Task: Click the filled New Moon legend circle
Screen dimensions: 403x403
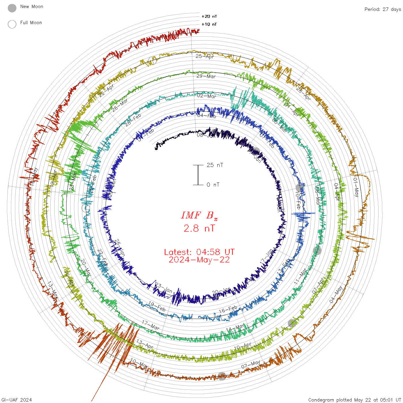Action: (12, 8)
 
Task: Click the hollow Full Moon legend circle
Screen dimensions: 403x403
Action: (12, 24)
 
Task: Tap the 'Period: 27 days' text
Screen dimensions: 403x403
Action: (383, 9)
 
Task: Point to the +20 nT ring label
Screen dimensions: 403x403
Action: (209, 16)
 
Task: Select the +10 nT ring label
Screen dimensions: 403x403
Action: (209, 24)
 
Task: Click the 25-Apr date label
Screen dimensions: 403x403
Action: (205, 56)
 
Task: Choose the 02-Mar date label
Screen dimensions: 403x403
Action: (207, 96)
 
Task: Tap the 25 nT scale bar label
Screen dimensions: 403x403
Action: (215, 165)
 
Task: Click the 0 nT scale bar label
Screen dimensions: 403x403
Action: (213, 185)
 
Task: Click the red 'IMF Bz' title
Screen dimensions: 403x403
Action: (199, 215)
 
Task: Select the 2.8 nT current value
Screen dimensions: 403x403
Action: (199, 228)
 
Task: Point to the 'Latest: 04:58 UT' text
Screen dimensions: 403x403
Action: (199, 252)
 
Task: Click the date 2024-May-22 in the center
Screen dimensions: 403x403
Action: (199, 260)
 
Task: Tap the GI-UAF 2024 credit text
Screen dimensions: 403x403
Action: (16, 400)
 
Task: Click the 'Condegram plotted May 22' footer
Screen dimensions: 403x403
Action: (355, 400)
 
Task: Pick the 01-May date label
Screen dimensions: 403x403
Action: (356, 187)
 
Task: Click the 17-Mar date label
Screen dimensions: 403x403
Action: (151, 325)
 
